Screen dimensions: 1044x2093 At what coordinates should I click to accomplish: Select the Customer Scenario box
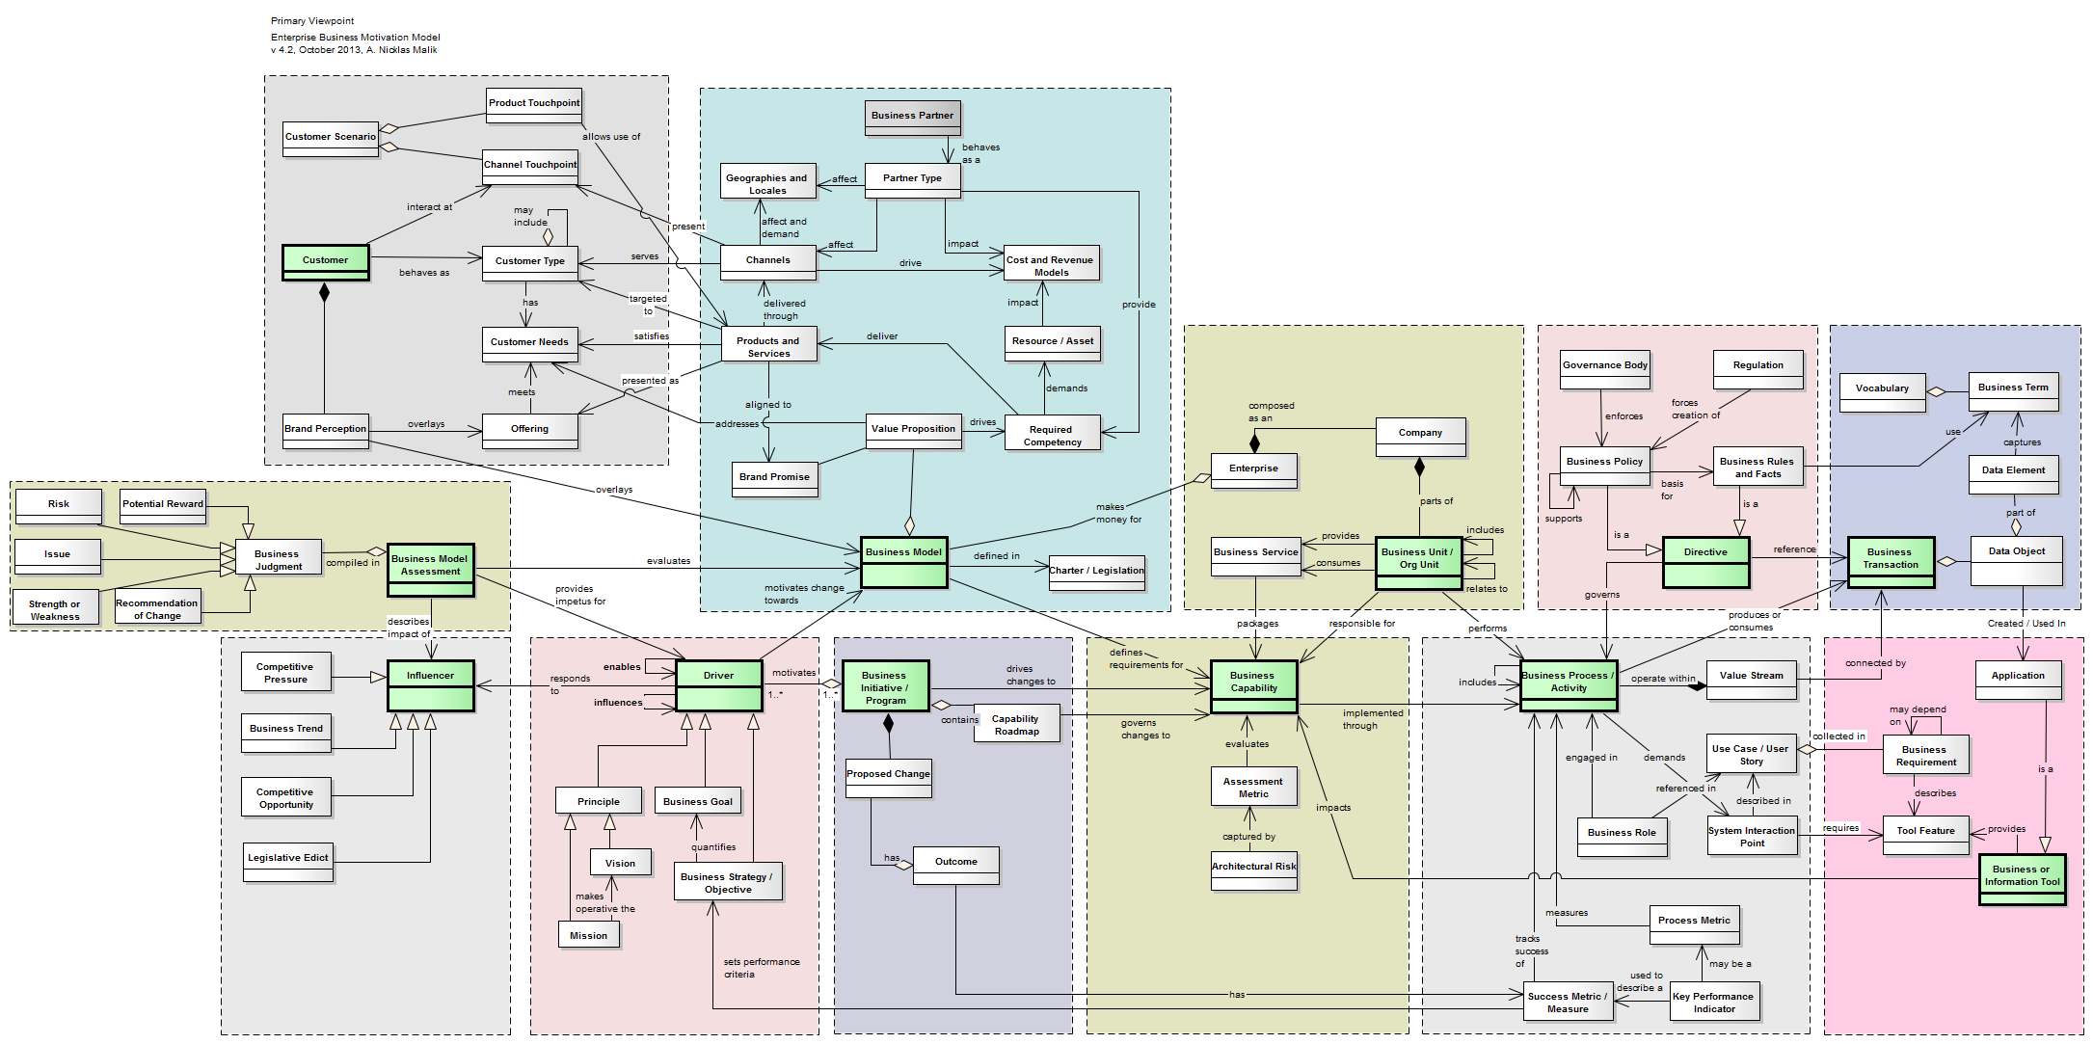point(331,138)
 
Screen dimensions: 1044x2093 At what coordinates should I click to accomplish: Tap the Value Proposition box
point(913,430)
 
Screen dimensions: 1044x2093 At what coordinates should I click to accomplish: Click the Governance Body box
point(1604,368)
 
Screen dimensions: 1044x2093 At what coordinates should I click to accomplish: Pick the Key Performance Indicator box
point(1714,1002)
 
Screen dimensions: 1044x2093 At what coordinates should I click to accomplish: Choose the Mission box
point(588,935)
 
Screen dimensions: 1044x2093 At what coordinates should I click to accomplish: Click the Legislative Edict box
point(288,861)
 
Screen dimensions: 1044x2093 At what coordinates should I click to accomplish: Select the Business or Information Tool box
point(2022,878)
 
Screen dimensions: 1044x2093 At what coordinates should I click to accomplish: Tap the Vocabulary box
point(1881,391)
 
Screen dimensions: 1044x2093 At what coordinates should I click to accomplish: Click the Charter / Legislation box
point(1096,573)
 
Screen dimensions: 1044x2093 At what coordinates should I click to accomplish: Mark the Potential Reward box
point(163,506)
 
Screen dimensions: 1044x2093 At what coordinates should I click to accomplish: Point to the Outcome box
point(955,865)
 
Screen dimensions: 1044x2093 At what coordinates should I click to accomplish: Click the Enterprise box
point(1253,470)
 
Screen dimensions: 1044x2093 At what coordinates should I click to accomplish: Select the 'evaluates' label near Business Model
point(668,560)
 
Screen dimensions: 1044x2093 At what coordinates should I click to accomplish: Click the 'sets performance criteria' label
point(761,968)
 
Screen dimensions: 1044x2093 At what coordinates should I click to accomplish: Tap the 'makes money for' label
point(1117,513)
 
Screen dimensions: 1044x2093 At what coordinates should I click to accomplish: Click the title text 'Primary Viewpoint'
point(312,20)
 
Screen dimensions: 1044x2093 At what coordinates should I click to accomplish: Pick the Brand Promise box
point(774,479)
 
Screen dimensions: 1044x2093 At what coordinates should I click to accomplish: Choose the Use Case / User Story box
point(1750,756)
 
